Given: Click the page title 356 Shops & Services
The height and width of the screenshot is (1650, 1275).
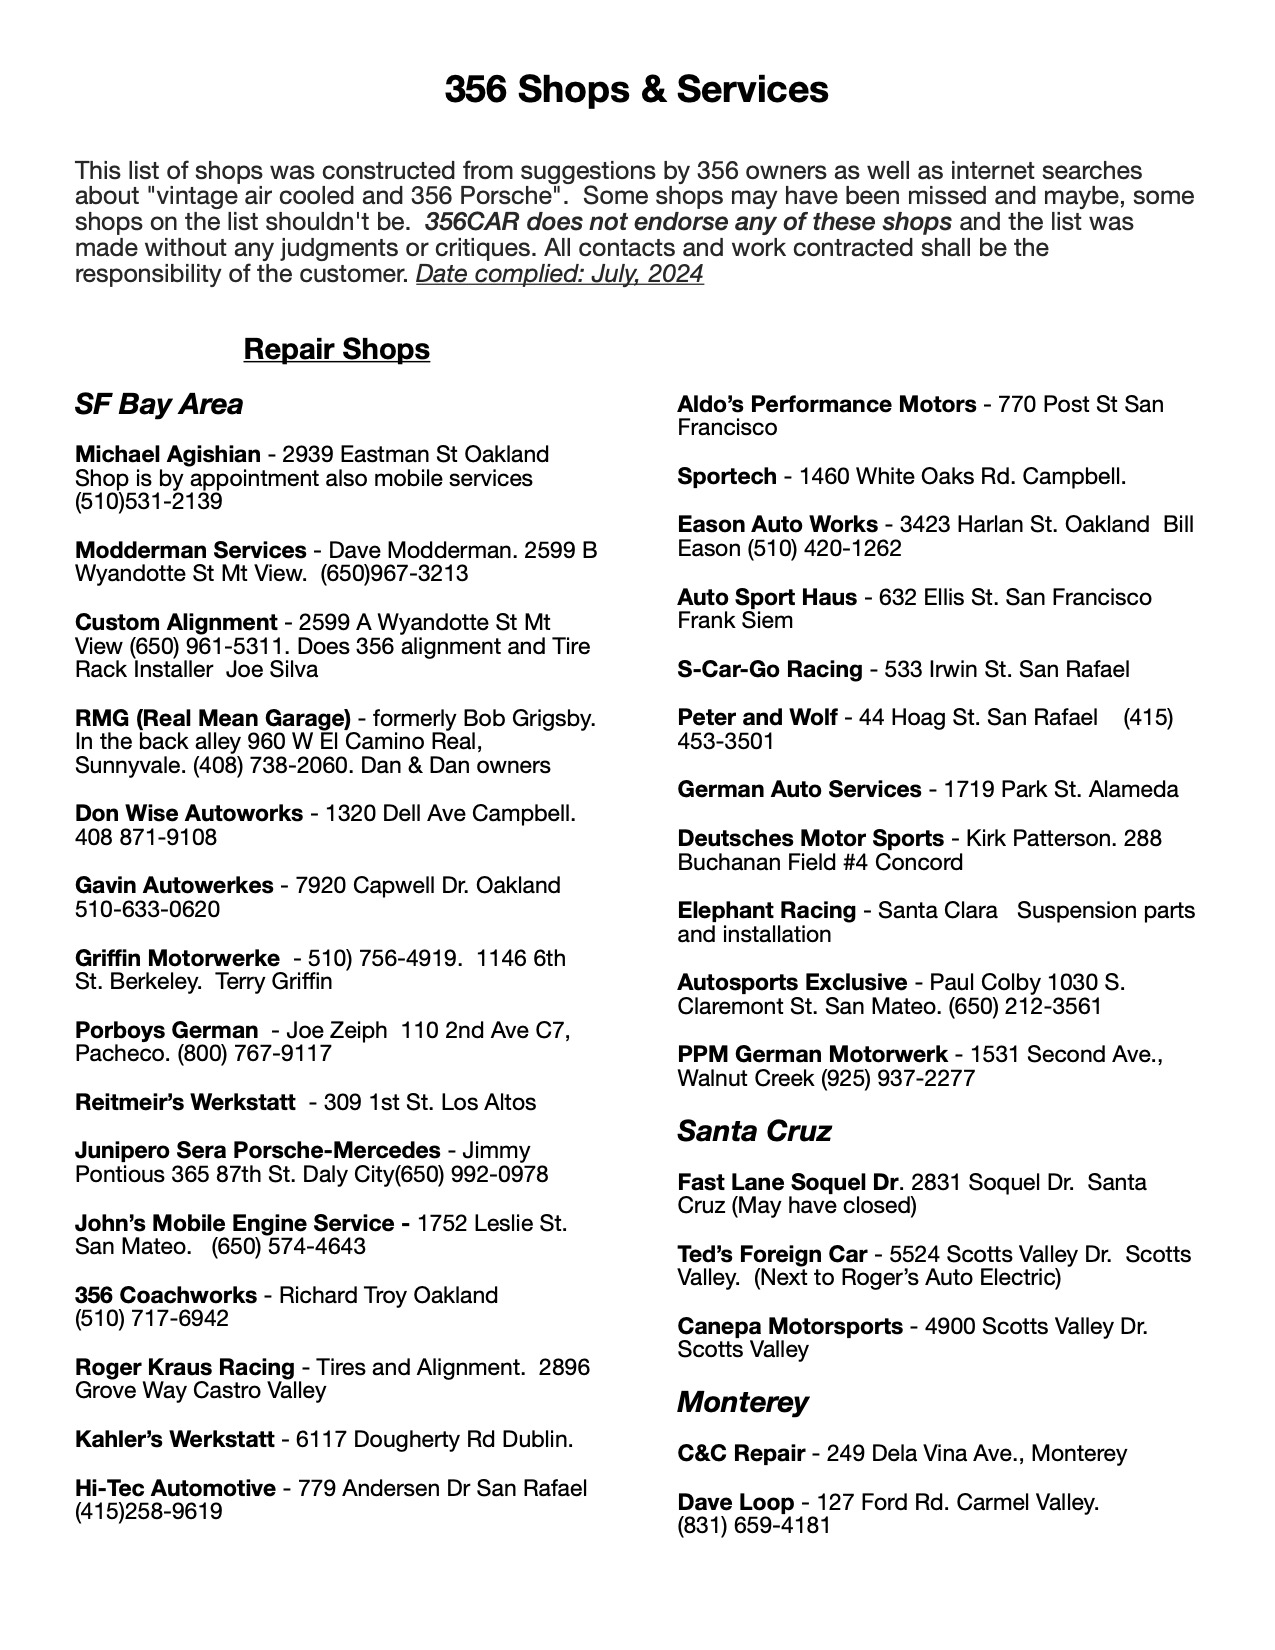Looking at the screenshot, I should click(636, 90).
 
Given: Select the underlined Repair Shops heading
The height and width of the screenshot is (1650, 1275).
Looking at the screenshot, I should click(336, 349).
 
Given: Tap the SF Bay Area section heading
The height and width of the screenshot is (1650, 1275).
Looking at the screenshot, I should click(158, 404).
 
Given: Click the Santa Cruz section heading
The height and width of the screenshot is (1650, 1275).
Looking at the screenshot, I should click(754, 1131).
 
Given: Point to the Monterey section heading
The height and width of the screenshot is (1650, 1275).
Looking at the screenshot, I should click(742, 1402).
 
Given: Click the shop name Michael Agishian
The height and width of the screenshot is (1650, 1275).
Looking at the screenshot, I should click(167, 454).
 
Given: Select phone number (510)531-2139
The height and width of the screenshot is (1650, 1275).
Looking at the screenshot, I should click(148, 502).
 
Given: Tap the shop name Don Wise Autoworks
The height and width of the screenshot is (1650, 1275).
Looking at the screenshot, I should click(188, 813).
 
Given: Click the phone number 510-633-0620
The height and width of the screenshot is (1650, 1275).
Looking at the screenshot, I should click(147, 909).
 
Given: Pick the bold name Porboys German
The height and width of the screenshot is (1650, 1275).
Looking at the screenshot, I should click(166, 1030).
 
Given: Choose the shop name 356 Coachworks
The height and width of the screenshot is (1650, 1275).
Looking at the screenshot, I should click(165, 1295).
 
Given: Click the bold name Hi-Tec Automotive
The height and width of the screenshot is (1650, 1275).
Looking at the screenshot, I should click(175, 1488).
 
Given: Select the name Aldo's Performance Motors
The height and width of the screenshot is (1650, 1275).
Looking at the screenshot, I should click(826, 404).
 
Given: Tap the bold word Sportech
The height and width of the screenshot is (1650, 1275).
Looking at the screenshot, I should click(726, 476).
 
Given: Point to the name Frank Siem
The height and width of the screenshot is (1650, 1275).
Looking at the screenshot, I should click(734, 621).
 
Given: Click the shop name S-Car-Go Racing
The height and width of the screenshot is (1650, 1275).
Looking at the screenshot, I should click(769, 669).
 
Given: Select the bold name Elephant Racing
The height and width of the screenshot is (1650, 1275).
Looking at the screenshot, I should click(766, 910).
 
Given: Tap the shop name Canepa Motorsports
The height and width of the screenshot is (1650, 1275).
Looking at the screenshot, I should click(789, 1326).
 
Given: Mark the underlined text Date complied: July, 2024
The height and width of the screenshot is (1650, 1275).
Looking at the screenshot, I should click(559, 273).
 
